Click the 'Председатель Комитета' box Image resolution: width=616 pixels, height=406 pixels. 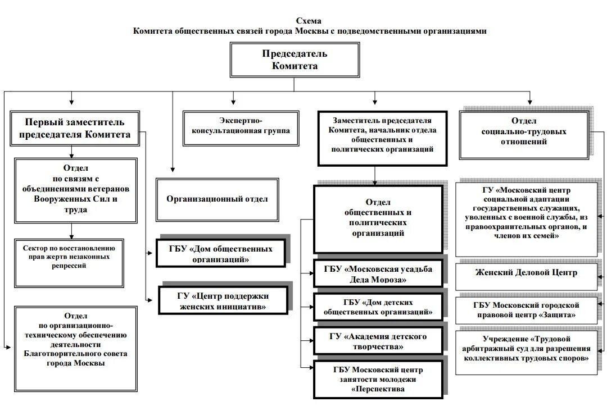pos(295,60)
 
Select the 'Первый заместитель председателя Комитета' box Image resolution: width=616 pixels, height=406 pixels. pos(75,128)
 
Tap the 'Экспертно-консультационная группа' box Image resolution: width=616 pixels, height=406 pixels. pos(241,127)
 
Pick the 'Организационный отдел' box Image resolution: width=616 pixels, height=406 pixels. pos(217,199)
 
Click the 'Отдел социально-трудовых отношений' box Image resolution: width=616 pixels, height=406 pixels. pos(524,135)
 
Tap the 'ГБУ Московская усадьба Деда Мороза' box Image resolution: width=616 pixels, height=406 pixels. pos(378,273)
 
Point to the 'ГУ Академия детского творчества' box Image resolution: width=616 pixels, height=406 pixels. pos(378,341)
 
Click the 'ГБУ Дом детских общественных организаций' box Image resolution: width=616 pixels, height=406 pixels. pos(378,307)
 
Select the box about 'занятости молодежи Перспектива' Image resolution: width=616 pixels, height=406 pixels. pos(378,378)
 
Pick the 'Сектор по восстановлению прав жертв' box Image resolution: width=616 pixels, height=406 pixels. pos(70,262)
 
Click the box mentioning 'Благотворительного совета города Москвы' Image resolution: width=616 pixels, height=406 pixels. pos(75,344)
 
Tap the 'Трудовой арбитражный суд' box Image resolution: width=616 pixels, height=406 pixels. pos(526,352)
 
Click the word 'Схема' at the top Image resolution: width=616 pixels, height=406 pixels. pos(310,21)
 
